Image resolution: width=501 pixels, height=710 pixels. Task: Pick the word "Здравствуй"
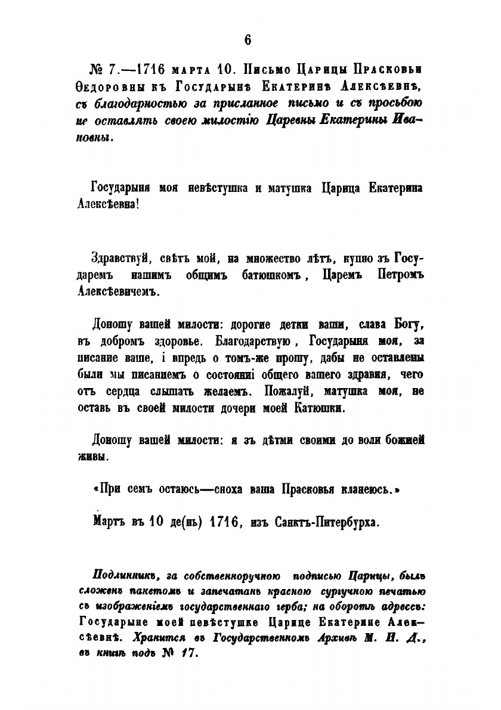coord(117,260)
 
